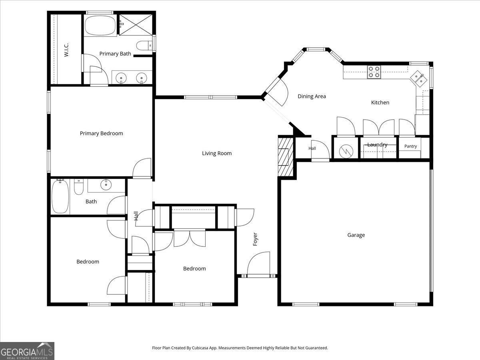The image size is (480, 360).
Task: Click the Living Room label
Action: [x=217, y=153]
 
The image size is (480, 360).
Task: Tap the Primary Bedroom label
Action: [x=101, y=133]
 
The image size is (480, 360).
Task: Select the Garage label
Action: [x=356, y=235]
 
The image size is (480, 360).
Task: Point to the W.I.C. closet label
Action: [x=66, y=50]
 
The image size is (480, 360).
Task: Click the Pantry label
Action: [x=410, y=146]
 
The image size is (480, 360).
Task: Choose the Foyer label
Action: [x=255, y=239]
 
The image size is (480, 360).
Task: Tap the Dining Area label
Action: [x=312, y=96]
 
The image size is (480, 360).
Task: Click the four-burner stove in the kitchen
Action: [x=374, y=72]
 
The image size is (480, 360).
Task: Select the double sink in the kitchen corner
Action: [x=418, y=79]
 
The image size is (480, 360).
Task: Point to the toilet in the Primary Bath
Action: [x=144, y=46]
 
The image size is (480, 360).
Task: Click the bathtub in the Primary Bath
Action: [x=100, y=25]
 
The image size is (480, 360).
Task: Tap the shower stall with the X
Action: [x=136, y=25]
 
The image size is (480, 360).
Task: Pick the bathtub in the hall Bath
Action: [x=60, y=196]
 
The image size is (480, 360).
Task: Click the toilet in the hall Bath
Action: [x=78, y=187]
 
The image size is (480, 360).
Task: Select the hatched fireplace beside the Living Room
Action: [x=286, y=156]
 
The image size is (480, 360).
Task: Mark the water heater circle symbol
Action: [x=346, y=151]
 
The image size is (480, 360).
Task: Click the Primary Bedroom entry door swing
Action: [x=142, y=168]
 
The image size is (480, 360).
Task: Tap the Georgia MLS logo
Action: [x=27, y=351]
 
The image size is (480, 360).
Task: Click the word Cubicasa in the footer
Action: [x=199, y=348]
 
